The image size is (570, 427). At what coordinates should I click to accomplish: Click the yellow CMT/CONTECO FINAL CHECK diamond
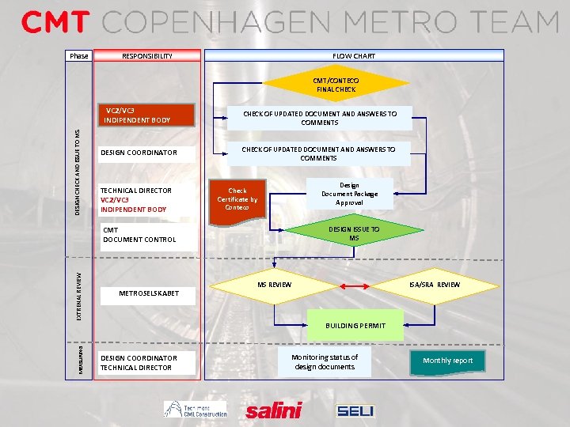(x=336, y=85)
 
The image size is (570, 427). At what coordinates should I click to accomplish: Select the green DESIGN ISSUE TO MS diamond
(x=353, y=233)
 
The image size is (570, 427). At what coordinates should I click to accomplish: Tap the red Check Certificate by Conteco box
(x=237, y=198)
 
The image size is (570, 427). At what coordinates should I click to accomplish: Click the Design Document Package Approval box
(x=349, y=194)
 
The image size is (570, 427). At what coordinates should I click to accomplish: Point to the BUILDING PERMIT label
(x=355, y=325)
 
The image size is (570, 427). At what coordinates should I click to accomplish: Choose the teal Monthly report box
(x=447, y=361)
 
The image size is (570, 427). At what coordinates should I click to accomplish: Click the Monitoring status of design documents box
(x=325, y=362)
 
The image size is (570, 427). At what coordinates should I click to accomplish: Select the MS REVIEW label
(x=275, y=285)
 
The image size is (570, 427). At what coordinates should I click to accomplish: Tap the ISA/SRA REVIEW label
(x=434, y=285)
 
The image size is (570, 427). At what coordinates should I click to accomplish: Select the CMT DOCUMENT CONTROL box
(x=147, y=235)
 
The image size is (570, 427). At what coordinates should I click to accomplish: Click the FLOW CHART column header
(x=354, y=56)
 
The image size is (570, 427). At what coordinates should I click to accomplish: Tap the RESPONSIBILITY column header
(x=147, y=56)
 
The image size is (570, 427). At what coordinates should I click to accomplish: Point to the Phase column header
(x=79, y=56)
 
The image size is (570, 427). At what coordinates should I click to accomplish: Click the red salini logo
(x=274, y=410)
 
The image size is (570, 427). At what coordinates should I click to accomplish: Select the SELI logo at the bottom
(x=355, y=410)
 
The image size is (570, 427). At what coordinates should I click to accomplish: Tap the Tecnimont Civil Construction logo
(x=196, y=409)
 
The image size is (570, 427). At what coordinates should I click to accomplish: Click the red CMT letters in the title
(x=55, y=22)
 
